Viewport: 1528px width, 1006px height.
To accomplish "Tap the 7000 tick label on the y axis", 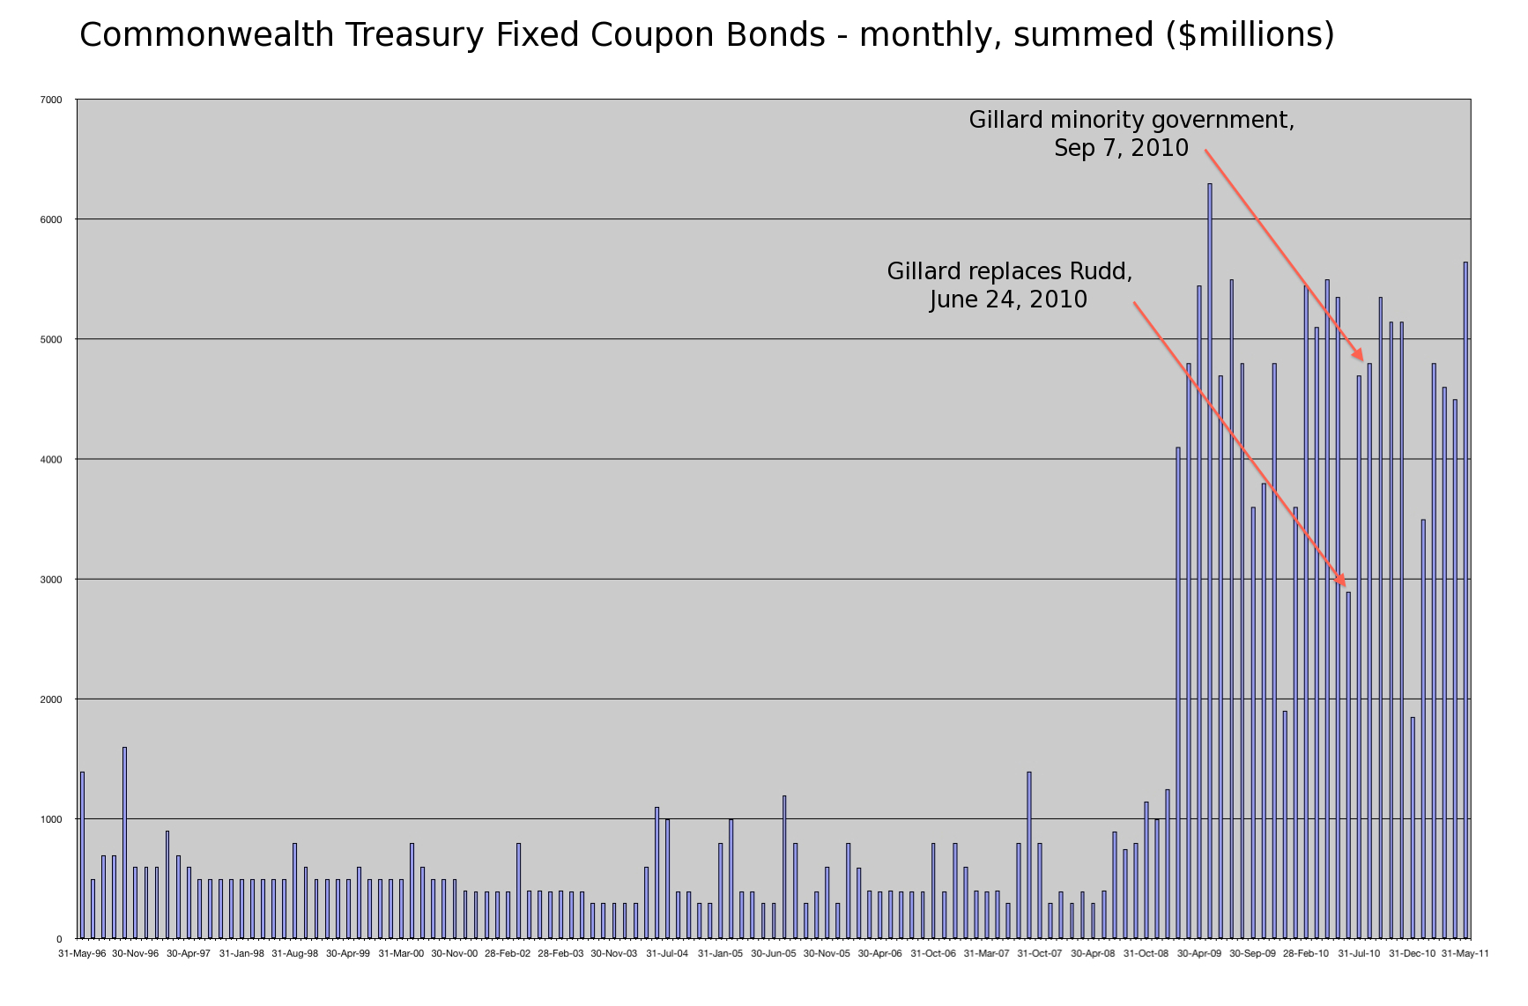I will click(51, 100).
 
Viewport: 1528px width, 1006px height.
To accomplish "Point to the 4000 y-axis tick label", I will click(51, 460).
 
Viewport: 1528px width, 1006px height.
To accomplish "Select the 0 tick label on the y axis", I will click(59, 940).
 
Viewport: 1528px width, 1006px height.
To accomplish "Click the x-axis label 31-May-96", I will click(82, 953).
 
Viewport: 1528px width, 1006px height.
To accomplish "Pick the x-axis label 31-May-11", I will click(1465, 953).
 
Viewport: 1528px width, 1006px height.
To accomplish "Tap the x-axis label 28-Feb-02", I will click(508, 953).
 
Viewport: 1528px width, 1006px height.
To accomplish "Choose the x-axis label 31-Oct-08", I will click(1146, 953).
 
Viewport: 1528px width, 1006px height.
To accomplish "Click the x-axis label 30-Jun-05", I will click(774, 953).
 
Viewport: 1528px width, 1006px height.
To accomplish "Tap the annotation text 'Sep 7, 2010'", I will click(1121, 148).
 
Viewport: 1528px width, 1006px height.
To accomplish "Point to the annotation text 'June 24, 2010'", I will click(1008, 300).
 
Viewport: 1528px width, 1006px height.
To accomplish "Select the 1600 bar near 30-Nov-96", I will click(124, 843).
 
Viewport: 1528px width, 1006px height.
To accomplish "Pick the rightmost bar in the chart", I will click(1465, 600).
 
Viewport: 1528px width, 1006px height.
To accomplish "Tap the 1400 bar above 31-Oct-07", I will click(1029, 855).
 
